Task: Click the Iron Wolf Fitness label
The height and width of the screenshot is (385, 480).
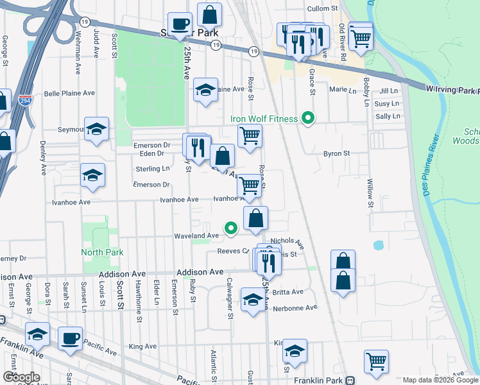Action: [264, 119]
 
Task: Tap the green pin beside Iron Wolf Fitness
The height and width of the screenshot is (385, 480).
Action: [308, 118]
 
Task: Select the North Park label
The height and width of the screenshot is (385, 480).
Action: [102, 252]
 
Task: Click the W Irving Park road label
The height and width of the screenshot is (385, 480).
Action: [452, 91]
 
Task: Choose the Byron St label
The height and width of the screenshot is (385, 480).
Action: [336, 153]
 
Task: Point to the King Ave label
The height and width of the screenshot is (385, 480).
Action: [142, 346]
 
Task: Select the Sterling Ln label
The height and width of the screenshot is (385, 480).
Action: [153, 169]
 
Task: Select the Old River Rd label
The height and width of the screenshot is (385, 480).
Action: [343, 42]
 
